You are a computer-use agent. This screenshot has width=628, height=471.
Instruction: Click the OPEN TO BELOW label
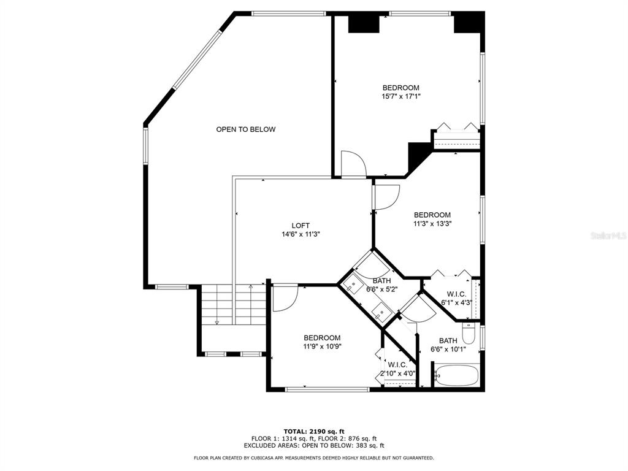pos(245,129)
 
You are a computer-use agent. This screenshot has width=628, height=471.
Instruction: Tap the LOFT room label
pos(301,226)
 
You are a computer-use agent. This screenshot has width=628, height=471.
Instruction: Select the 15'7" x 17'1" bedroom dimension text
pos(401,96)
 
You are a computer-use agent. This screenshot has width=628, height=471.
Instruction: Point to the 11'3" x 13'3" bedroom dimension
pos(432,224)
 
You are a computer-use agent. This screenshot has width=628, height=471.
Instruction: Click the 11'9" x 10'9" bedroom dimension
pos(322,347)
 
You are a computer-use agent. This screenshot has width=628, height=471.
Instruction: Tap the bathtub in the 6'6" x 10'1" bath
pos(456,375)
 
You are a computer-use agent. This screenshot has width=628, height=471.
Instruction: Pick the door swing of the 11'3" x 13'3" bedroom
pos(386,197)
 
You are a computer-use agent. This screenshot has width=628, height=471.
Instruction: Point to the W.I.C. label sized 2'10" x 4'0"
pos(397,365)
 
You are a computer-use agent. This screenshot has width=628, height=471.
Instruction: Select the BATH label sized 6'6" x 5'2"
pos(381,281)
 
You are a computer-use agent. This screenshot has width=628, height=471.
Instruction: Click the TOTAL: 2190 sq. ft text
pos(314,431)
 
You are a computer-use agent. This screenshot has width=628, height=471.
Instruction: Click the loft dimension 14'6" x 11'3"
pos(301,234)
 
